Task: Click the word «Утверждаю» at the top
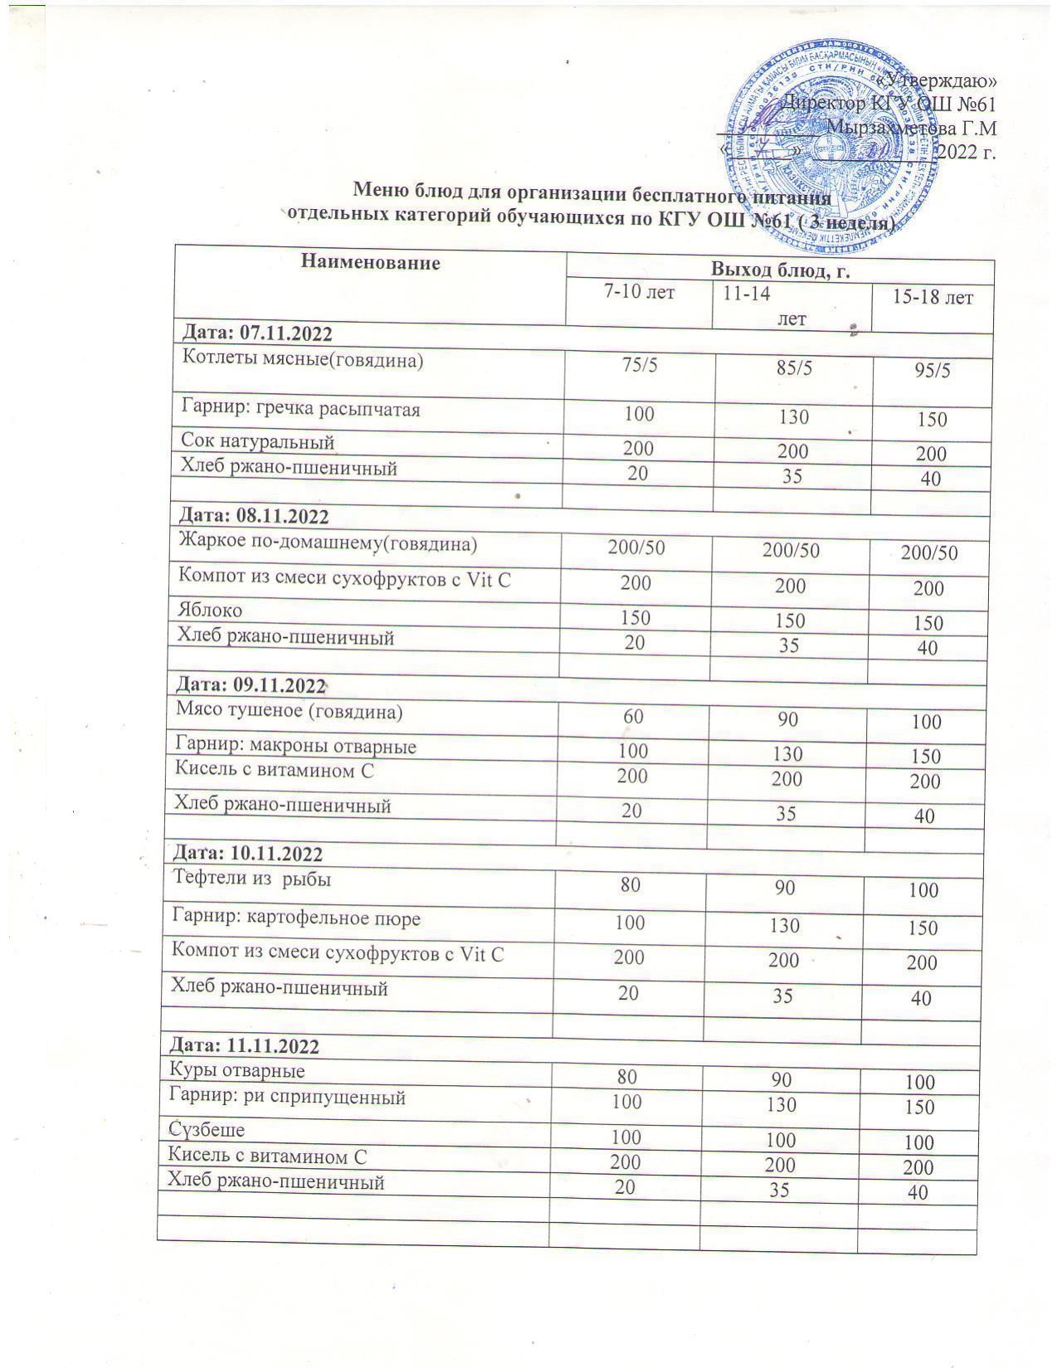(938, 80)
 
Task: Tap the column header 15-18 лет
(932, 297)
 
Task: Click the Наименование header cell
(369, 263)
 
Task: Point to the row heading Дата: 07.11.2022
(257, 333)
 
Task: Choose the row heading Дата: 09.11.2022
(251, 686)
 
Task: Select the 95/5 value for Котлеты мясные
(932, 371)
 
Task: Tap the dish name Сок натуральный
(258, 441)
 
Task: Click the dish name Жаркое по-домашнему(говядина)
(328, 544)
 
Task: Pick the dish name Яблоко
(211, 611)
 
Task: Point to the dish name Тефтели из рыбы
(251, 879)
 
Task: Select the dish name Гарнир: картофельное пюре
(295, 918)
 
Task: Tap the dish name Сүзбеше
(207, 1129)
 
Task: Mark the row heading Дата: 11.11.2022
(244, 1046)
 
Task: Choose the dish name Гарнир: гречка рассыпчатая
(300, 409)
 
